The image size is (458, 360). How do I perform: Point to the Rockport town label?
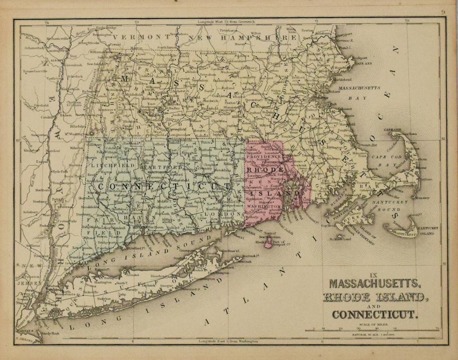360,58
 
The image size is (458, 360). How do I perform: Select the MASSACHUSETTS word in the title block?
375,284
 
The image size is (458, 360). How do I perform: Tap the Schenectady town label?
34,48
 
